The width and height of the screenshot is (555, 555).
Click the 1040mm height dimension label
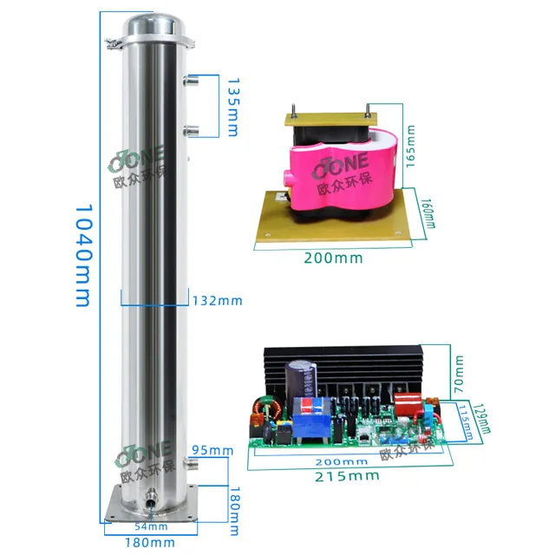82,255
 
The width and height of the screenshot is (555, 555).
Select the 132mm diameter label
217,301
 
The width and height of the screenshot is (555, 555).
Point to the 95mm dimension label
212,450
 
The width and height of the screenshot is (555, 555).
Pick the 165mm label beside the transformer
412,145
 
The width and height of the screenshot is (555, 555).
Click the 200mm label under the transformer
334,258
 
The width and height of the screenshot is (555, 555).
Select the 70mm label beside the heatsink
460,369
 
